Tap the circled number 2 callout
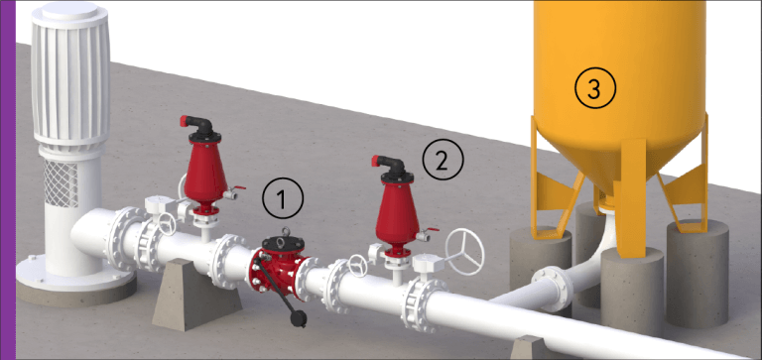[444, 158]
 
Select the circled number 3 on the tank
[594, 89]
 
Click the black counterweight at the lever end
[296, 318]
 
